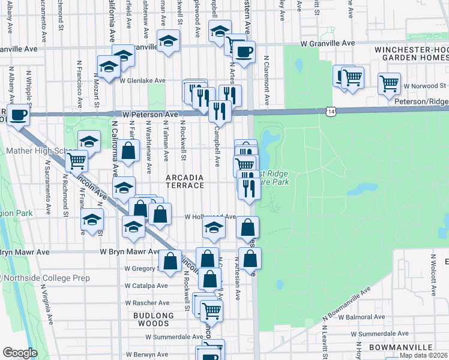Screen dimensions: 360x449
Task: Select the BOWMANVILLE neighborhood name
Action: (401, 347)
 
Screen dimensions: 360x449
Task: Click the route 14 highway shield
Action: (331, 112)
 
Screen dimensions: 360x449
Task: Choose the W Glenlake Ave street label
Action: (143, 80)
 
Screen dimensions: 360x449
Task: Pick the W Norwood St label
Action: (425, 86)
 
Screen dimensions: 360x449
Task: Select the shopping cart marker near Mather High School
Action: (76, 160)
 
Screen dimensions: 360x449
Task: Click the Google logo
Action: (20, 353)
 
